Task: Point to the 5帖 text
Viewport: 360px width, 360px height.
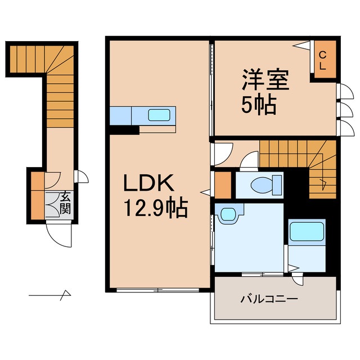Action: point(259,105)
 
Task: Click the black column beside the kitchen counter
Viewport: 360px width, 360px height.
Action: point(124,130)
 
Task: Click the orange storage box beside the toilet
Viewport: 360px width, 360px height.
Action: point(223,184)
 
